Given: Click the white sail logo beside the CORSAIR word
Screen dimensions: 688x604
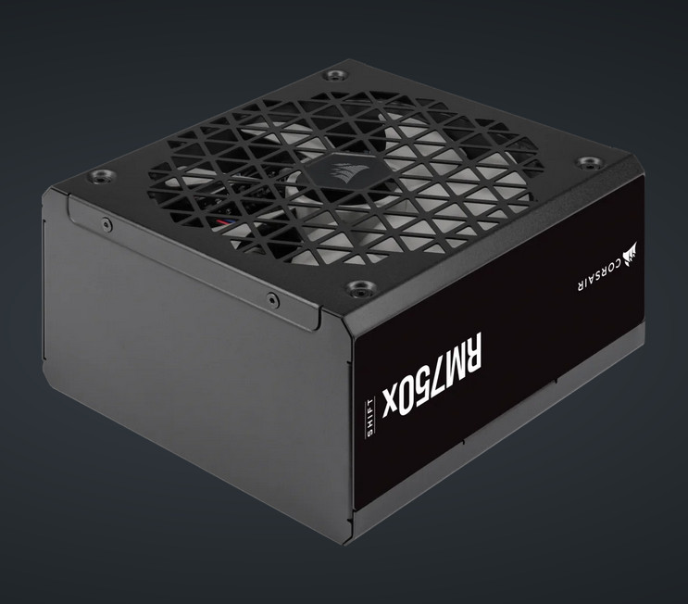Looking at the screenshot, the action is [x=631, y=255].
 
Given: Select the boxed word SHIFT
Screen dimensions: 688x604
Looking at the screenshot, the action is [x=370, y=417].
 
